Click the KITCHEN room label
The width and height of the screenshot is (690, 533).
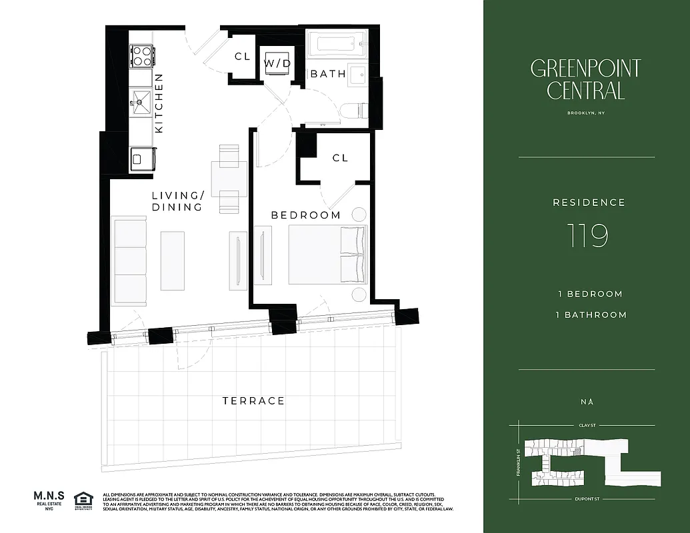pos(159,103)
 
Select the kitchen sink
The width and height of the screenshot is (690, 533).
pos(141,101)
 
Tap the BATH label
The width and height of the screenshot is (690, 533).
pos(328,74)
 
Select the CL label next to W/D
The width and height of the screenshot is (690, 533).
pos(242,57)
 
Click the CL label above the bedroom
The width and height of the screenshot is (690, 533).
pos(340,158)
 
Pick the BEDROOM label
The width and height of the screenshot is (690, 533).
pos(305,215)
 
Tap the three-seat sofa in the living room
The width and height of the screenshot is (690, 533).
pos(129,259)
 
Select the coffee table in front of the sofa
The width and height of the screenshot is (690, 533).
pos(172,261)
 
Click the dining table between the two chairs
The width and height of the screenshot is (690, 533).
pos(228,179)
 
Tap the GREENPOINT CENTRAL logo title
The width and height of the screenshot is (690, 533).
pos(586,79)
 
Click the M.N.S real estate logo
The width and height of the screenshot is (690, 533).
pos(48,500)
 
